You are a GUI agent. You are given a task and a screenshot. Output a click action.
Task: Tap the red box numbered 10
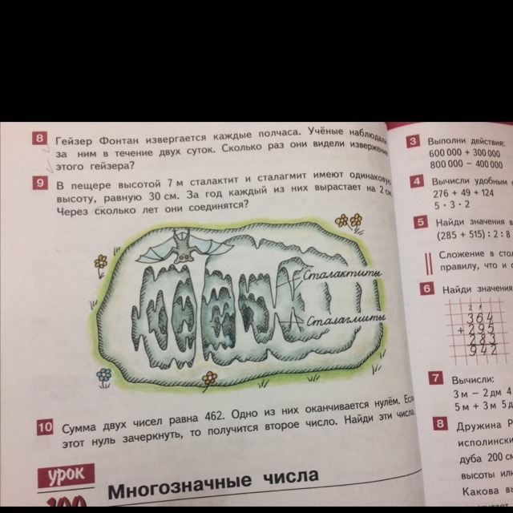coord(46,428)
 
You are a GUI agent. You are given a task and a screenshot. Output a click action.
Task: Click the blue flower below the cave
coord(103,374)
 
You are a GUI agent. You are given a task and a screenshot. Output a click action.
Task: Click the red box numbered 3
coord(413,143)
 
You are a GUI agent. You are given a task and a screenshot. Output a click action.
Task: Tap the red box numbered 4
coord(416,182)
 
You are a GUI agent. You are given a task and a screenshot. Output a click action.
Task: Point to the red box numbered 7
coord(436,378)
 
